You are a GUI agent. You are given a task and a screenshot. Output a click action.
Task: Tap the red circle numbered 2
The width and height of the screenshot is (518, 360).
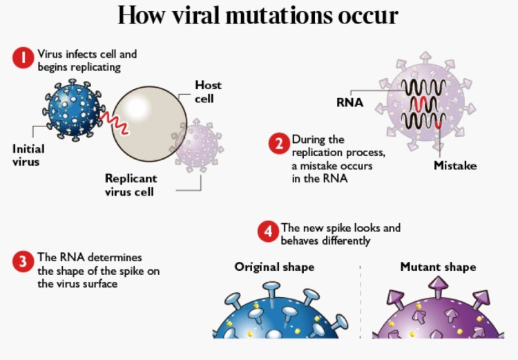278,144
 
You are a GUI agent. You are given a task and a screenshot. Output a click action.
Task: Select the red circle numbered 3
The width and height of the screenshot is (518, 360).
23,260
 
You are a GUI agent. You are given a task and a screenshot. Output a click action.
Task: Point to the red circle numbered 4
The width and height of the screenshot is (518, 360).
268,232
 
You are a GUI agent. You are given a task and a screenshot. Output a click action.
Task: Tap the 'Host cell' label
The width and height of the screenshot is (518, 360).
208,92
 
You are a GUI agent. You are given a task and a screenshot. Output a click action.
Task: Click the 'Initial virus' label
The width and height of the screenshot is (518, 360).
28,155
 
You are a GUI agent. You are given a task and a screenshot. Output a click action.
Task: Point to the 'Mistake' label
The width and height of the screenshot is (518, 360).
454,166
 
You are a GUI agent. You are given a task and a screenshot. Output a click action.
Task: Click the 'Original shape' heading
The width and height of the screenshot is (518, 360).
274,267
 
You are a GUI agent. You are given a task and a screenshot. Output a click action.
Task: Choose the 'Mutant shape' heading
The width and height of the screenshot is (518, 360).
438,267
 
